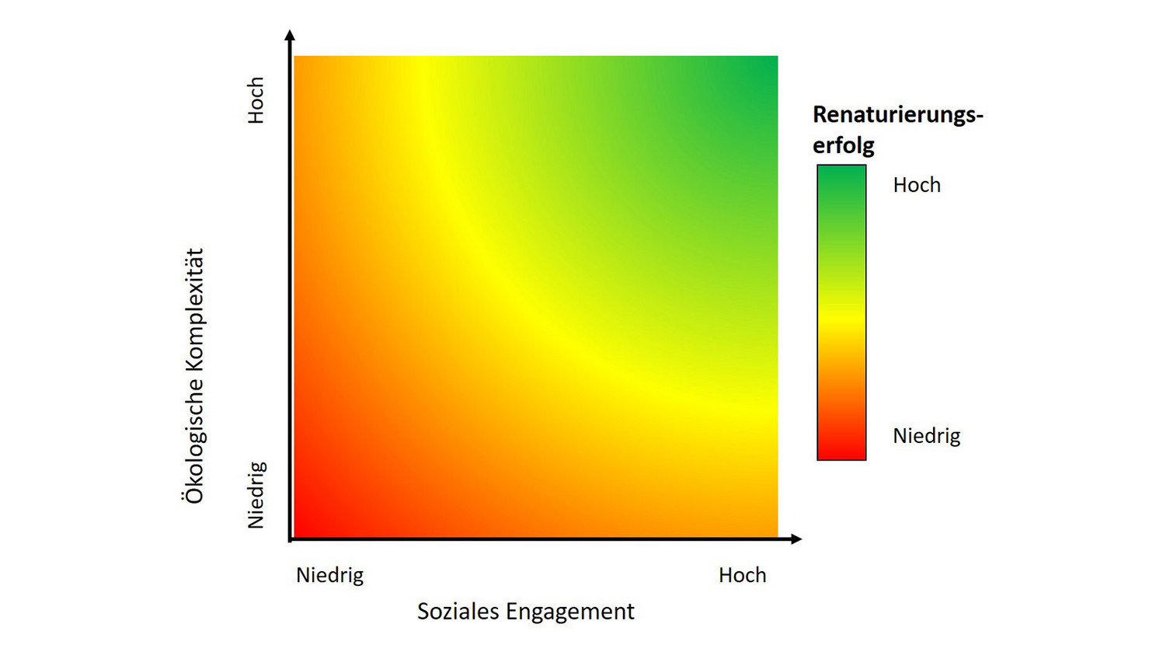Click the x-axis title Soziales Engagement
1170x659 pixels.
coord(525,612)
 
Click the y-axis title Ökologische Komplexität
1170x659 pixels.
coord(194,376)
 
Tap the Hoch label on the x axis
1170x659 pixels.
coord(742,575)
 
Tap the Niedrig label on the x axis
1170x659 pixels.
coord(329,575)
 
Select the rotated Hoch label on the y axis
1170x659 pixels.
coord(256,100)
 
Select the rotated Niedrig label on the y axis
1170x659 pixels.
coord(256,495)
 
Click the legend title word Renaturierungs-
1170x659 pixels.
coord(897,115)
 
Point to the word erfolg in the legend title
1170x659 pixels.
coord(843,145)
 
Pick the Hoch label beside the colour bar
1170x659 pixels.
coord(917,185)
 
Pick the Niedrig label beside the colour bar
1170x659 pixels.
coord(926,436)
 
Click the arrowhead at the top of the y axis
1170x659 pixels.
coord(290,35)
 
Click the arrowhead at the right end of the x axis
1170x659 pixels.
coord(796,539)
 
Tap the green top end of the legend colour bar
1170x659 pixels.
coord(841,175)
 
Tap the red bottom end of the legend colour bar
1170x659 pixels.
coord(841,451)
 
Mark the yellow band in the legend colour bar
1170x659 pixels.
coord(841,316)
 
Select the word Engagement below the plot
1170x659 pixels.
coord(569,612)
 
